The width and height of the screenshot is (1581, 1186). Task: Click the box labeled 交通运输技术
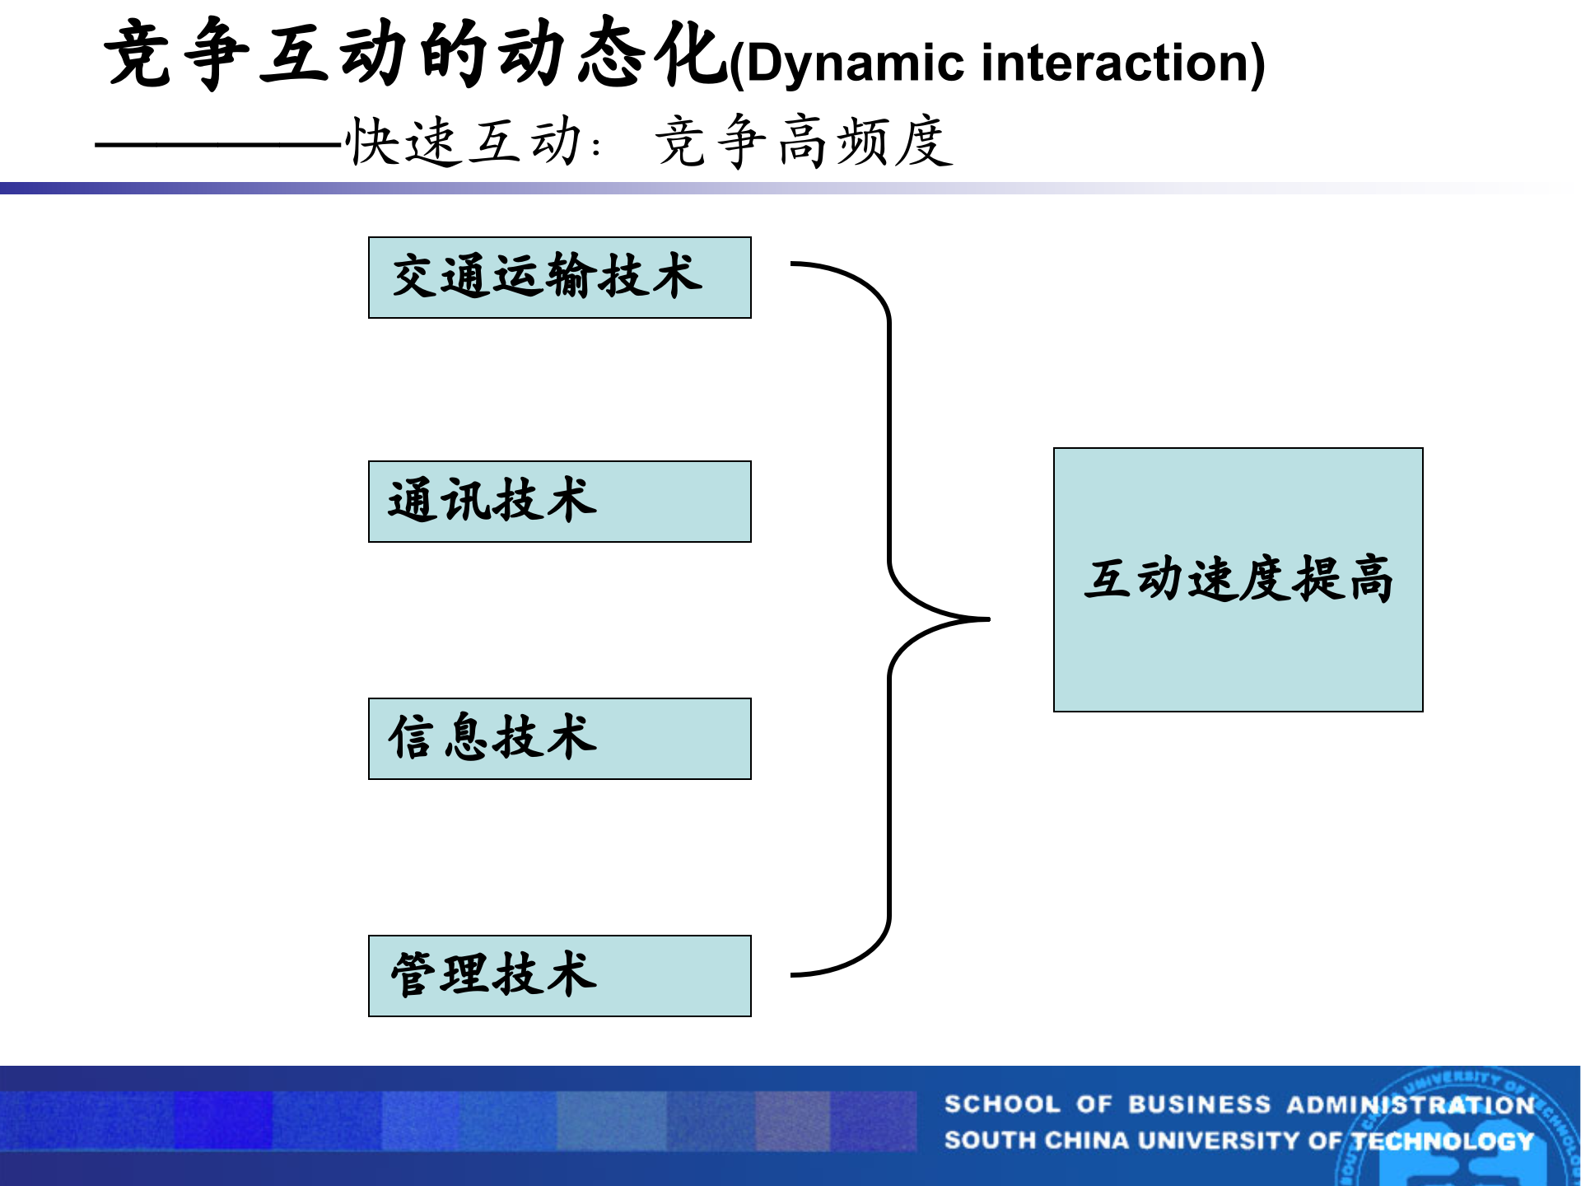559,278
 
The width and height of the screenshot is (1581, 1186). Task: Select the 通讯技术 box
559,502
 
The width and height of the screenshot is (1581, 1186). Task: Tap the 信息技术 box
559,739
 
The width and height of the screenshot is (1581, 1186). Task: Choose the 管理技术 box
559,976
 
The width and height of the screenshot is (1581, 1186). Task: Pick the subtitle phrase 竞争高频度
803,142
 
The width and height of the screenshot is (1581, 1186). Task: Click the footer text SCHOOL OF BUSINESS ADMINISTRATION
1238,1104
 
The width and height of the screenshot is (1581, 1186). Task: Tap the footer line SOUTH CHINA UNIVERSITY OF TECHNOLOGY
1238,1141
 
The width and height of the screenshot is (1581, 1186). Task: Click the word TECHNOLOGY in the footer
1443,1141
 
